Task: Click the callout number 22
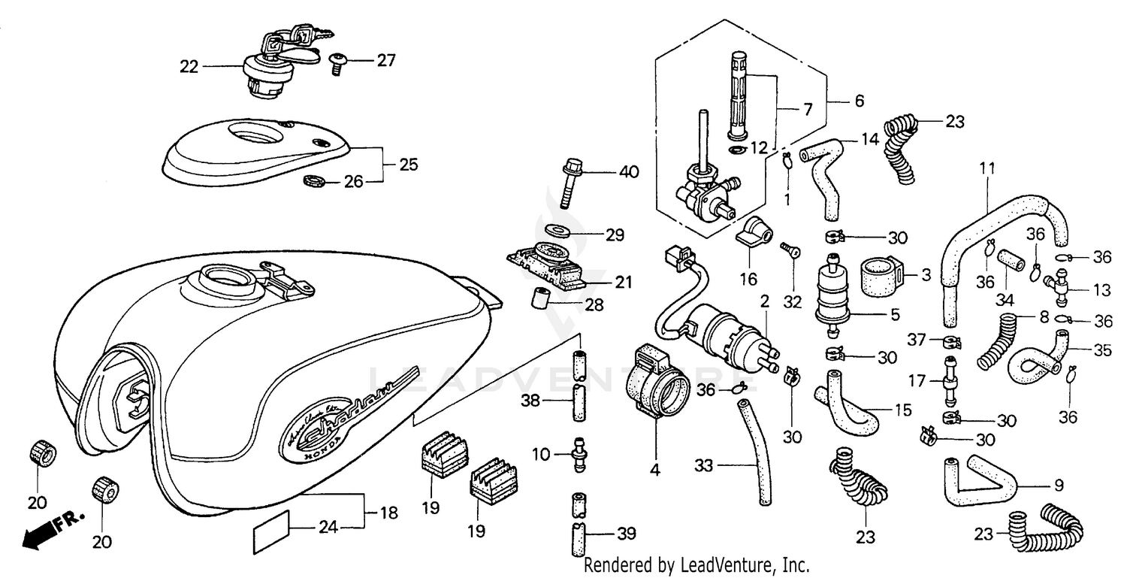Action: point(189,67)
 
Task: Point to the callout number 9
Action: point(1058,486)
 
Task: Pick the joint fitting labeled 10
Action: point(579,454)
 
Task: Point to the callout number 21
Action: point(623,283)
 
